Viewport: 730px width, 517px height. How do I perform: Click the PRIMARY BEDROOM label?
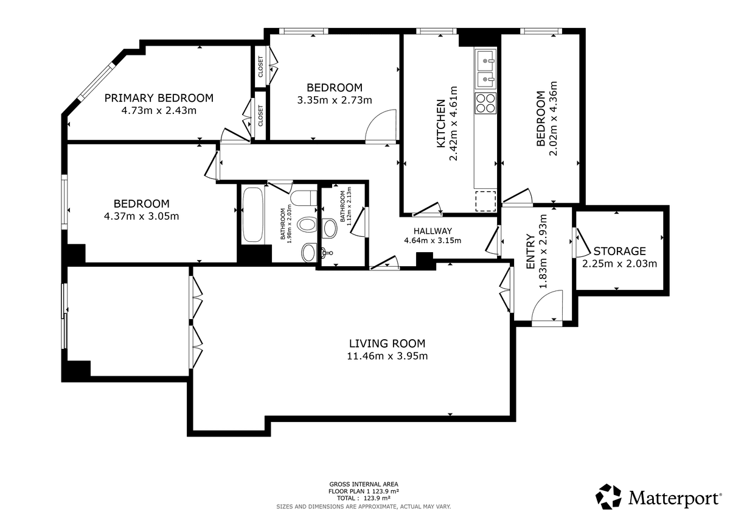pyautogui.click(x=159, y=98)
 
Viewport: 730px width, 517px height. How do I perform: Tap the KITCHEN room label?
pyautogui.click(x=441, y=124)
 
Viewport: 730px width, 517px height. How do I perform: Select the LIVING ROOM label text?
pyautogui.click(x=387, y=343)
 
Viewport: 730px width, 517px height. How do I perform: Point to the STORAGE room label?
pyautogui.click(x=619, y=251)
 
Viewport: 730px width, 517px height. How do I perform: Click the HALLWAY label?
pyautogui.click(x=433, y=231)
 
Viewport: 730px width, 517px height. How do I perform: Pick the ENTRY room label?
pyautogui.click(x=531, y=251)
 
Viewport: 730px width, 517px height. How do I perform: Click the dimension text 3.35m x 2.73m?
pyautogui.click(x=335, y=100)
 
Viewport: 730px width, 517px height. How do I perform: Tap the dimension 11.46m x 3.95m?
pyautogui.click(x=387, y=356)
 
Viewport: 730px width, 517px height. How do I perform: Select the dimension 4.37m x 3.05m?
pyautogui.click(x=141, y=216)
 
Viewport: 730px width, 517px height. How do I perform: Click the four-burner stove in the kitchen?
pyautogui.click(x=485, y=104)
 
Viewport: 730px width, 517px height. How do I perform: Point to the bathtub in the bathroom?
pyautogui.click(x=253, y=214)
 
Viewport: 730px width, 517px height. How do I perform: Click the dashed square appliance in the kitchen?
pyautogui.click(x=485, y=201)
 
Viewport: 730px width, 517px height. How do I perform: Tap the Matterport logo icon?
pyautogui.click(x=608, y=496)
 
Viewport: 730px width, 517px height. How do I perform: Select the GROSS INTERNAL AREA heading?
pyautogui.click(x=364, y=484)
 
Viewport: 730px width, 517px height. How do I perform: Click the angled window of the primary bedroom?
pyautogui.click(x=97, y=80)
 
